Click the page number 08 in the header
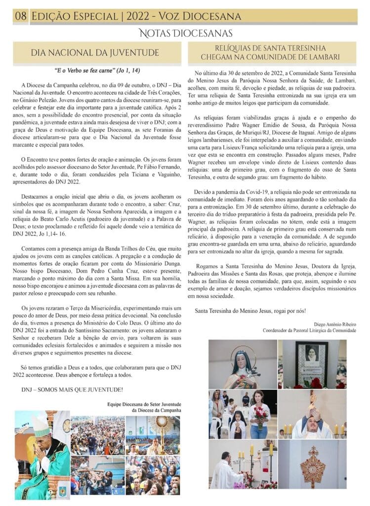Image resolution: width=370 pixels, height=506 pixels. click(x=21, y=16)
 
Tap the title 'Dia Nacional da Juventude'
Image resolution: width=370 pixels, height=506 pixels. click(x=95, y=52)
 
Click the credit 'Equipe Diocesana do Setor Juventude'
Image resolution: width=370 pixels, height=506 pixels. click(x=144, y=404)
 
